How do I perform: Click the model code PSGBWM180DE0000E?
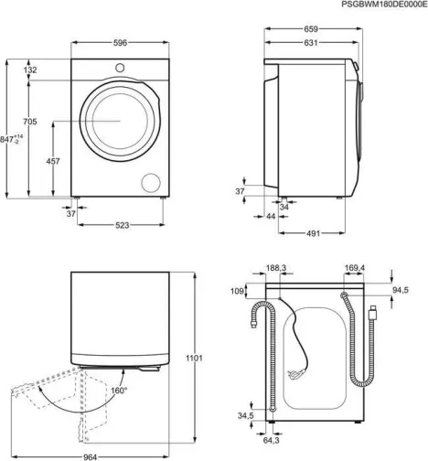377,5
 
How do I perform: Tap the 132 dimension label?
29,70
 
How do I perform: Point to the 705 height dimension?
29,122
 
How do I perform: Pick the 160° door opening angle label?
119,391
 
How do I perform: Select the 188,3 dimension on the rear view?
275,268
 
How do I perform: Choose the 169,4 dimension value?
354,268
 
